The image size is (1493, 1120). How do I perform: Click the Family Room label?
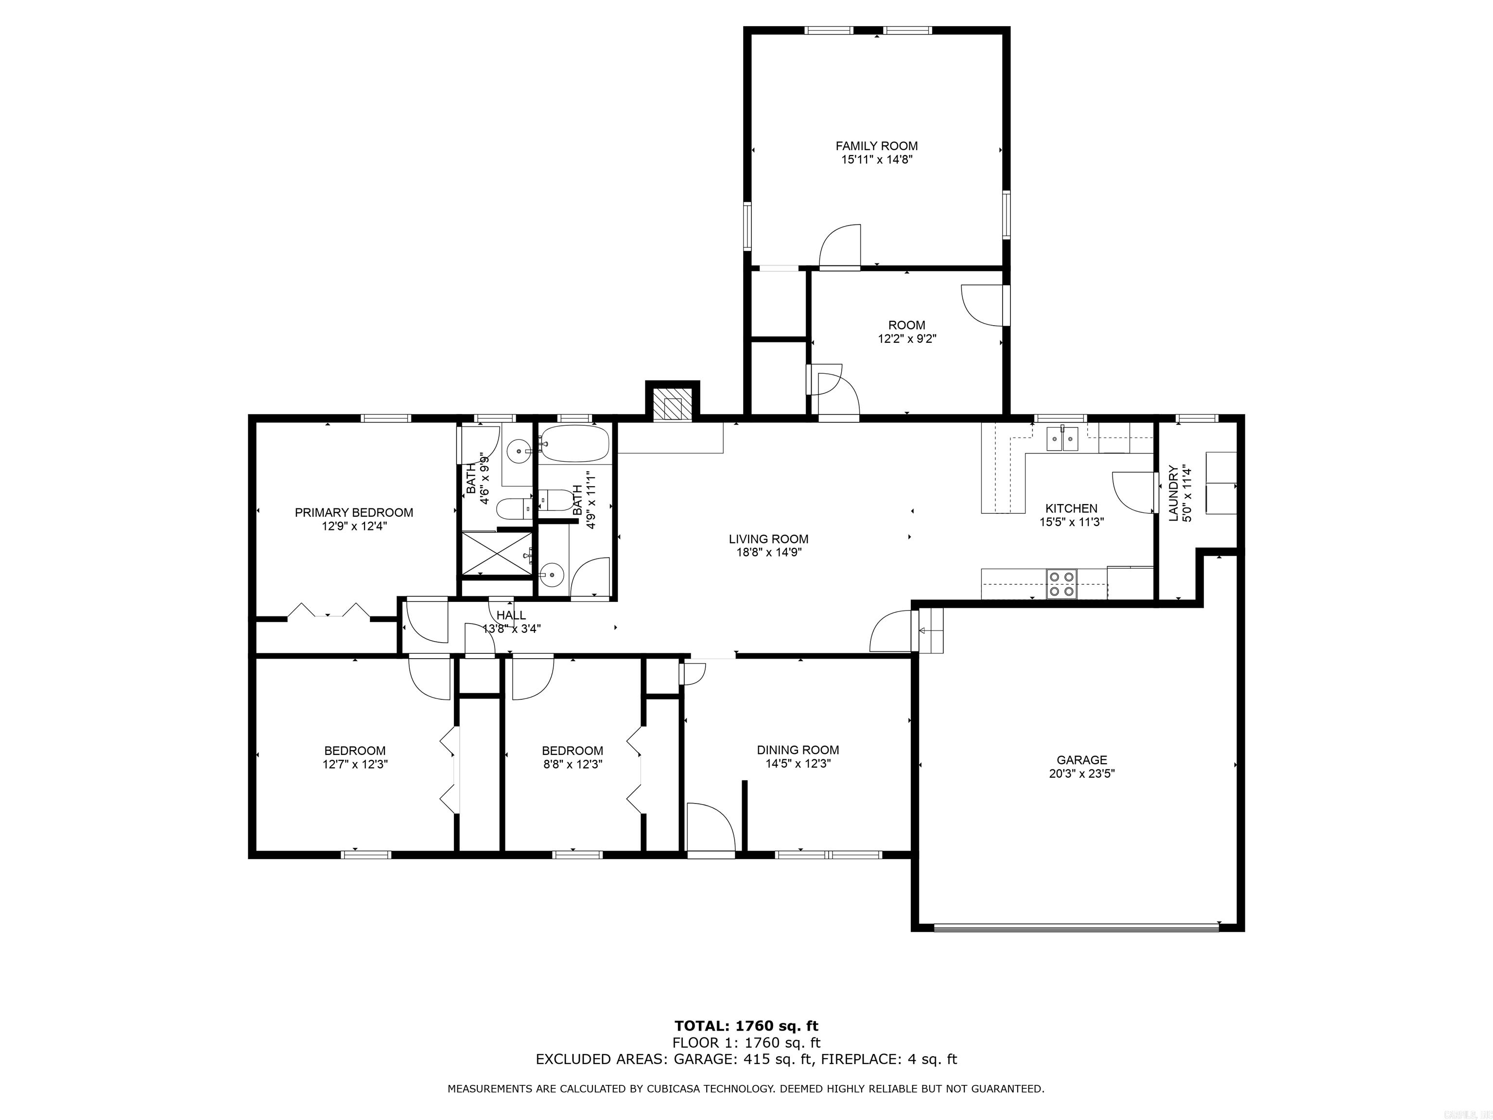point(876,146)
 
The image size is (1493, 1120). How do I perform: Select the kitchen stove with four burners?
point(1061,584)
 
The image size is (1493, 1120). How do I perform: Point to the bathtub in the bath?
point(575,443)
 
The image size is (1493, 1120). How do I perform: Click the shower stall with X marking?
point(496,554)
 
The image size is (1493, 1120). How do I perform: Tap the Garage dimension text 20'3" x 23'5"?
point(1081,774)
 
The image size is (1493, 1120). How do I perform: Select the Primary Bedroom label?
point(354,512)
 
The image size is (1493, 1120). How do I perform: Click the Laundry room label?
point(1173,493)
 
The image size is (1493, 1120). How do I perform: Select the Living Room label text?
point(768,539)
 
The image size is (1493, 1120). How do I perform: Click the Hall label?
point(511,615)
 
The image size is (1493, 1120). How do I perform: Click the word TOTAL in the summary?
point(702,1026)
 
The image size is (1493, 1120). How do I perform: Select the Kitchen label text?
point(1071,508)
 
